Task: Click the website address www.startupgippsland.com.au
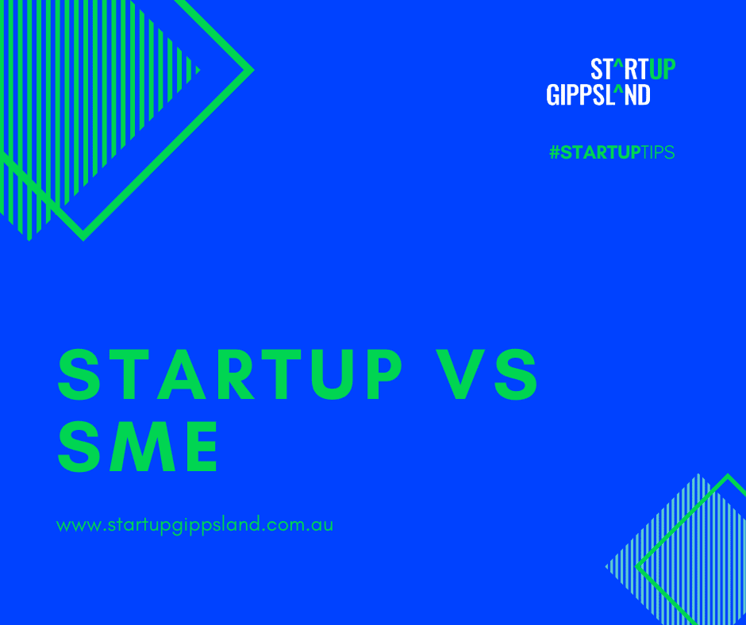tap(195, 526)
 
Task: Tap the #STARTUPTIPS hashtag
tap(611, 153)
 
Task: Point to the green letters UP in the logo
tap(662, 70)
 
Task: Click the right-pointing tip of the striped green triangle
tap(198, 70)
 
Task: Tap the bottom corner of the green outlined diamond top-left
tap(83, 237)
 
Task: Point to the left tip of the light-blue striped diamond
tap(607, 566)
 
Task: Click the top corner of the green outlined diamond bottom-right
tap(727, 477)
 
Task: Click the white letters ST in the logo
tap(601, 70)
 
